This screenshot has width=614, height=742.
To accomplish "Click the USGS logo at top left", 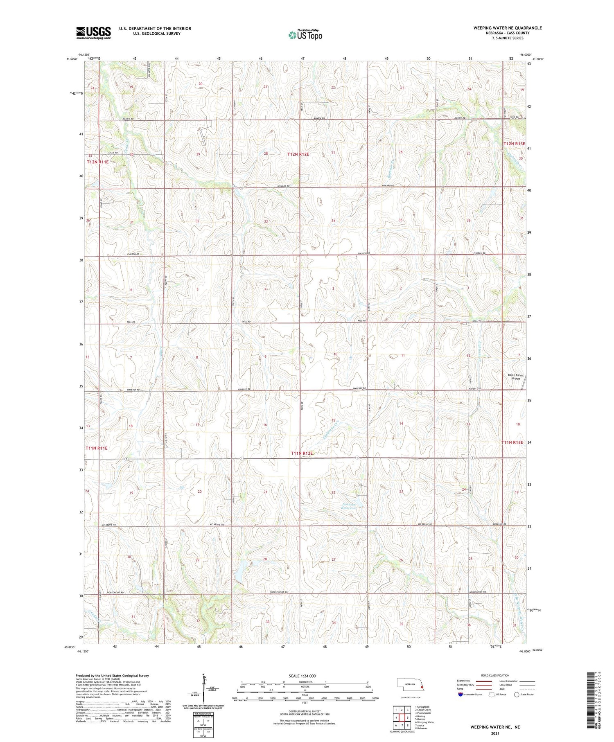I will pyautogui.click(x=93, y=33).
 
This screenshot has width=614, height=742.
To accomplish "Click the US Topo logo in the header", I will pyautogui.click(x=305, y=35).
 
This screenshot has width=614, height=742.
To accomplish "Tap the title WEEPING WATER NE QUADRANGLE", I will pyautogui.click(x=507, y=28).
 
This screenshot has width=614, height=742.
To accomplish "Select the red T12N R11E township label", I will pyautogui.click(x=97, y=162).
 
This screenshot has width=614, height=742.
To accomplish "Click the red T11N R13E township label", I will pyautogui.click(x=512, y=442).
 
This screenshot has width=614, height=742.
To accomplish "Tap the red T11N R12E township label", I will pyautogui.click(x=302, y=453).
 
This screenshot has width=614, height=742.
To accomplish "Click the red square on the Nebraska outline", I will pyautogui.click(x=422, y=687).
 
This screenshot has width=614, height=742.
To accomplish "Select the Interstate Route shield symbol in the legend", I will pyautogui.click(x=460, y=694).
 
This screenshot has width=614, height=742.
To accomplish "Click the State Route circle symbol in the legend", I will pyautogui.click(x=517, y=694).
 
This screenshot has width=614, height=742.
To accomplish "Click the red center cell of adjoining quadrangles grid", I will pyautogui.click(x=402, y=717).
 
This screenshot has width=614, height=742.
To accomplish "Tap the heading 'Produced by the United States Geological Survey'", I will pyautogui.click(x=112, y=676).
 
